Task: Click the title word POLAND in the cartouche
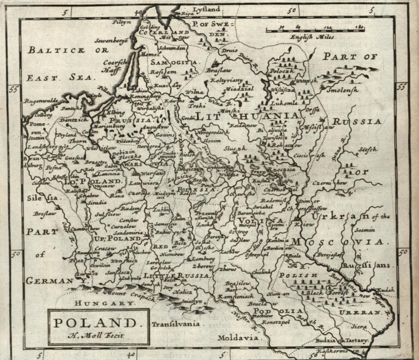[x=98, y=322]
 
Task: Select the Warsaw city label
[x=140, y=174]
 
